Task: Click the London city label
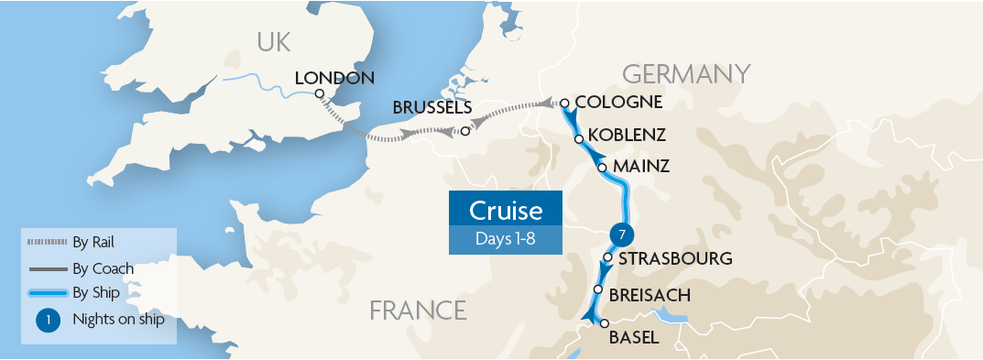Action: coord(335,78)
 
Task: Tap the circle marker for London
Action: coord(319,93)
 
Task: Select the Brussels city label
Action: coord(432,107)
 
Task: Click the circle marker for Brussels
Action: coord(465,131)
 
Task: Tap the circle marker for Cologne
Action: coord(565,103)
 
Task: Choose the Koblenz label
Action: coord(627,135)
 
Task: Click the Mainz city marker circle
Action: coord(602,168)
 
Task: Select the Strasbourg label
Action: coord(676,258)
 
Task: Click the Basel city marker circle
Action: coord(604,323)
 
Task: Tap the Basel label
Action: coord(633,337)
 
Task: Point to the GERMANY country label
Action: coord(686,73)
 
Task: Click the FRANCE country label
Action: coord(418,311)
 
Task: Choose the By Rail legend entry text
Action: coord(96,242)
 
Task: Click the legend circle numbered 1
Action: coord(49,320)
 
